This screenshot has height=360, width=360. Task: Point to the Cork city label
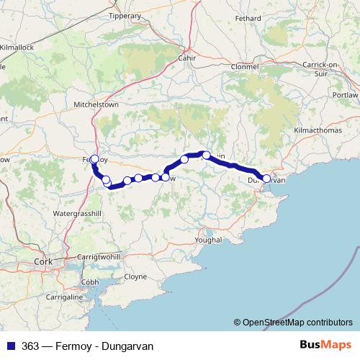43,261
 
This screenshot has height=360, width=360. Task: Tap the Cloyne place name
135,276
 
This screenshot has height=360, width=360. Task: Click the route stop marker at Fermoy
94,159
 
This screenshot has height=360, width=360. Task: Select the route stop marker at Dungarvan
266,179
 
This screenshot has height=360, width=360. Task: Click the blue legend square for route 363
12,346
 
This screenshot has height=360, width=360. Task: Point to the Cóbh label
90,282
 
